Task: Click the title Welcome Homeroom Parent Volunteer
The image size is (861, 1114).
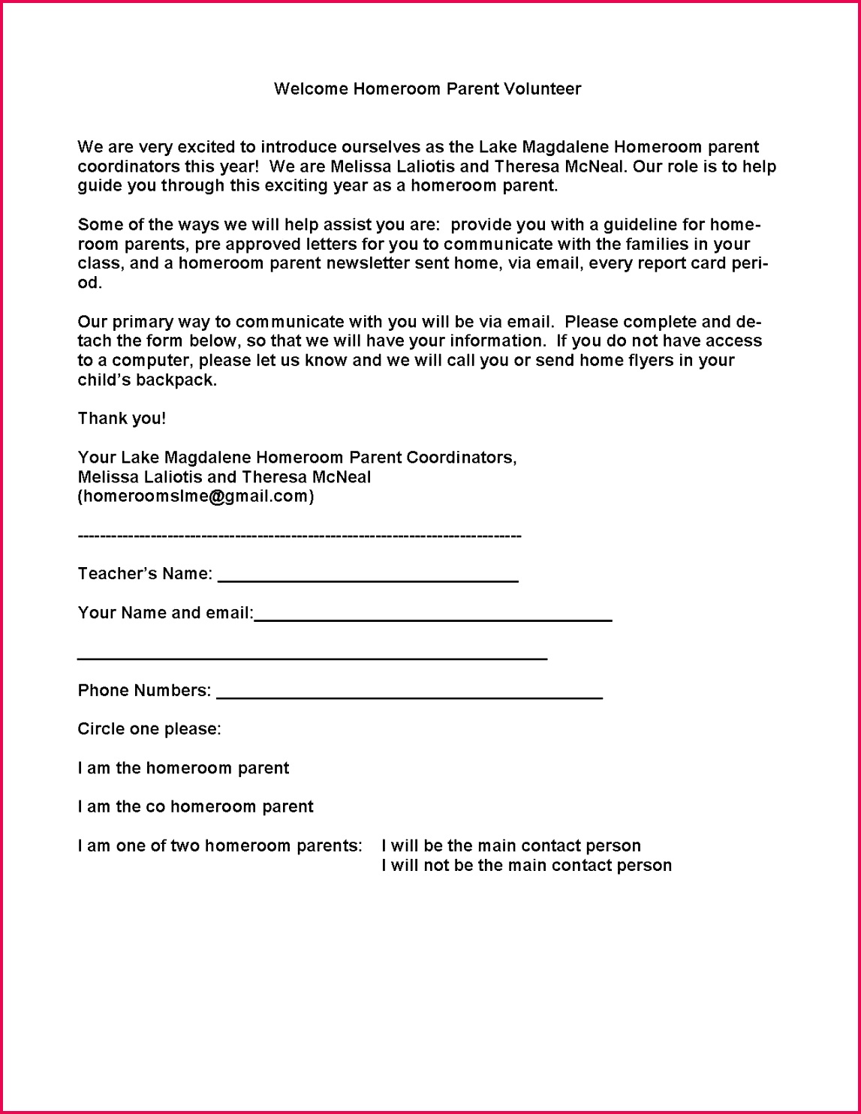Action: click(427, 89)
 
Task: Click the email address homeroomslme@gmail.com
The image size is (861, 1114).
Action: click(196, 497)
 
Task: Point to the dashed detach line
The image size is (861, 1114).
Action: click(299, 536)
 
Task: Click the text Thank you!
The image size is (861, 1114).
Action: click(122, 419)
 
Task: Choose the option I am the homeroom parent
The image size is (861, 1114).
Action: click(183, 768)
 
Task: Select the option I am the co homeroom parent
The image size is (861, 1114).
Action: click(195, 807)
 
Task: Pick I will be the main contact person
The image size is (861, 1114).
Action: click(510, 846)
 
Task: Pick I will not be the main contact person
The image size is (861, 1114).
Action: click(526, 866)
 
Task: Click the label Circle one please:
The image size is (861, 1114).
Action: click(149, 729)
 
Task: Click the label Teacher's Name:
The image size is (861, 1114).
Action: click(145, 574)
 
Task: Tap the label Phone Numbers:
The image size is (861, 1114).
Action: click(144, 691)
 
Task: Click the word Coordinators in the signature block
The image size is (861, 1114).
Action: click(461, 458)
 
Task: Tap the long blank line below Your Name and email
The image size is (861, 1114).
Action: click(312, 658)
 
